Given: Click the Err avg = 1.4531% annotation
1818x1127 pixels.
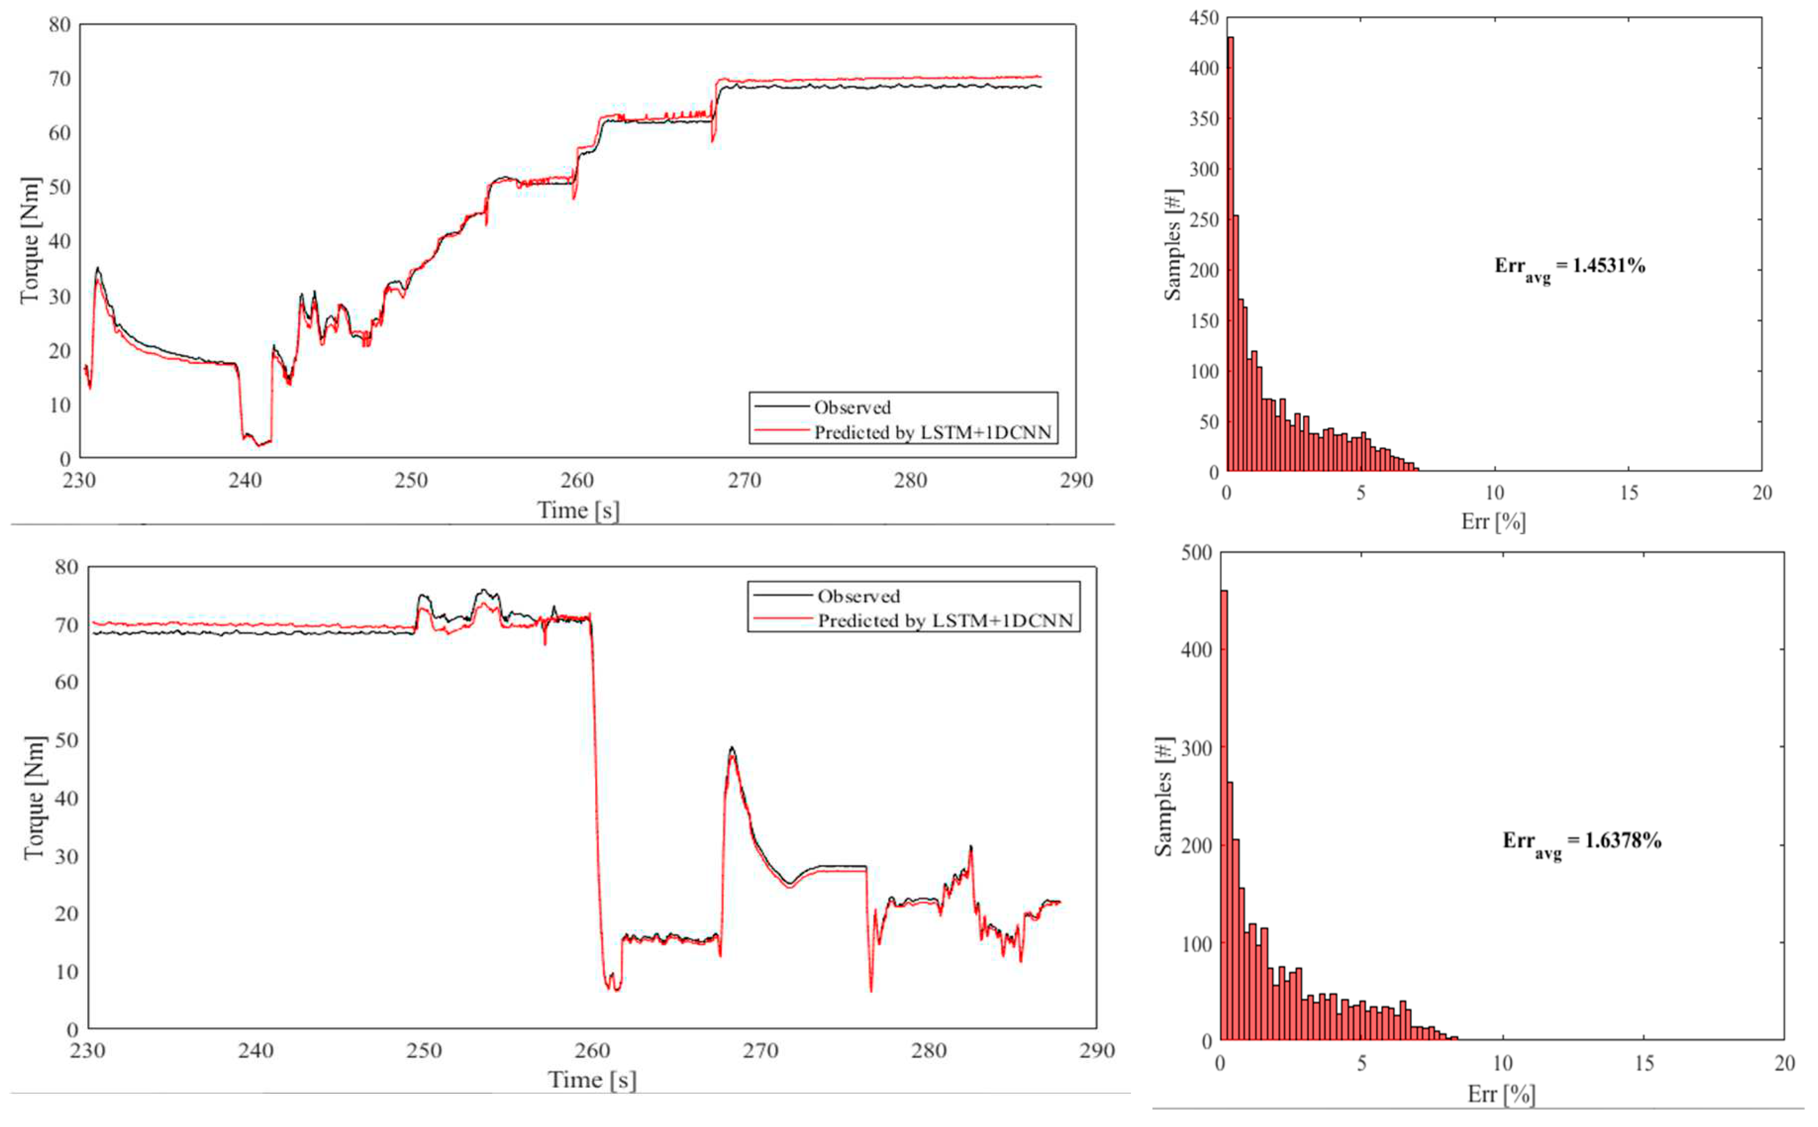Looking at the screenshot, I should point(1569,268).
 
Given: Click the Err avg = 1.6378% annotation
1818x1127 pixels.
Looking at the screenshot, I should point(1581,842).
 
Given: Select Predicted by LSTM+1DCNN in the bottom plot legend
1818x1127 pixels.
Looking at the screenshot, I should point(944,621).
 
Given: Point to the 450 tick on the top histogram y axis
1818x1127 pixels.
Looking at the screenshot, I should point(1203,17).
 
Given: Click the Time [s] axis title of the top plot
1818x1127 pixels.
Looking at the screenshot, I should point(578,511).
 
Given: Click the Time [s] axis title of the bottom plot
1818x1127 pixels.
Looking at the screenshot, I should point(592,1080).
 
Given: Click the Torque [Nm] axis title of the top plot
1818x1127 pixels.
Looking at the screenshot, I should point(30,241).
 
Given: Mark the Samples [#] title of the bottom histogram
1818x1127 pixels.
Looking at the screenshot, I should point(1164,796).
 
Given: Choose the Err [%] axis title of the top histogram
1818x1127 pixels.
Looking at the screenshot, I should point(1493,521).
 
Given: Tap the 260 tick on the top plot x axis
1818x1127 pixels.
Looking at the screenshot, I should point(577,481).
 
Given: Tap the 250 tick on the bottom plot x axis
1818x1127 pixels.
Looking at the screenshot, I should point(423,1051).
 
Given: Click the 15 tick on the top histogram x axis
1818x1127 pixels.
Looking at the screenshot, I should point(1628,492).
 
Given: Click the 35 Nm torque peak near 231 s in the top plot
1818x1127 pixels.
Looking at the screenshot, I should point(97,269).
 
